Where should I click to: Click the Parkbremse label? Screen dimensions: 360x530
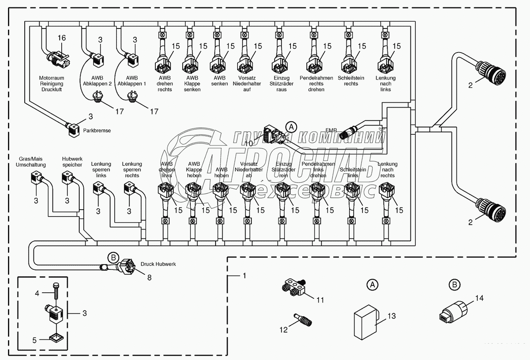97,131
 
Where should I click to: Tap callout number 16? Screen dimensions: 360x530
62,38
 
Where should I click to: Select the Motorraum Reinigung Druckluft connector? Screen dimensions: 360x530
56,58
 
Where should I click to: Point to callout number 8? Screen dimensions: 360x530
149,278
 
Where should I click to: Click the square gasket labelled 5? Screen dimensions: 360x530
56,336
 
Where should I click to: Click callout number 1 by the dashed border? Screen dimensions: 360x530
244,275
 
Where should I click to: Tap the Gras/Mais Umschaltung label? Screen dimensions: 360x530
31,162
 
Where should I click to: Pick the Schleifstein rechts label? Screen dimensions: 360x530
351,81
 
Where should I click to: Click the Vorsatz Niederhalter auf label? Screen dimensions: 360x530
247,84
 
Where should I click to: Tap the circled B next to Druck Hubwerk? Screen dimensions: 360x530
113,258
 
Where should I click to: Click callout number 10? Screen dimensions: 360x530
248,143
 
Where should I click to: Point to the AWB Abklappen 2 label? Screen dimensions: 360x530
97,81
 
